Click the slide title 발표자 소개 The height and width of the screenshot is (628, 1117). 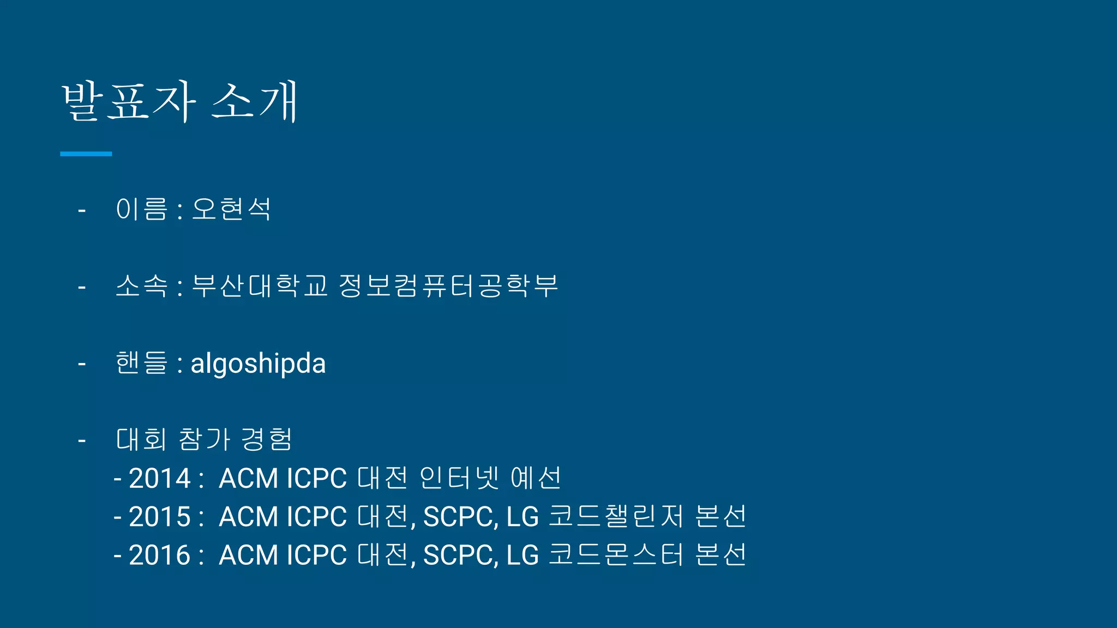(180, 101)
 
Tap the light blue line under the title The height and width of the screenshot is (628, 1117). (86, 154)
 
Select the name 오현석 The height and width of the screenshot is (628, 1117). (231, 209)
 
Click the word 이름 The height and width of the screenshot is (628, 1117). (141, 209)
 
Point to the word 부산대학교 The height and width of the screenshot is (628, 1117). (260, 286)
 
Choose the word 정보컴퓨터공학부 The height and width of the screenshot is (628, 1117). (448, 286)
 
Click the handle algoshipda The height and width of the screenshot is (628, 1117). (258, 363)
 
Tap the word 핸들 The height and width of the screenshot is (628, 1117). (141, 363)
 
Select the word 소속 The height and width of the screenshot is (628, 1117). (141, 286)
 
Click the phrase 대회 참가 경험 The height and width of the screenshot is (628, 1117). (204, 439)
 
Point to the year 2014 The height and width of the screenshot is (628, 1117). (159, 479)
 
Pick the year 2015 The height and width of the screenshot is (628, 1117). (159, 517)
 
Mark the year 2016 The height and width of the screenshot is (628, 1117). (159, 555)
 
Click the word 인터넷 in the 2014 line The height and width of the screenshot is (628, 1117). (459, 478)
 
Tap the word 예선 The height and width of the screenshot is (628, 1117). (536, 478)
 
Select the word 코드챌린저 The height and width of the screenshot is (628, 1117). (616, 516)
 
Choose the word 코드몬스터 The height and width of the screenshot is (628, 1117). (616, 555)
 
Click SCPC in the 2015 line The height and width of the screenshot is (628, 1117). (460, 517)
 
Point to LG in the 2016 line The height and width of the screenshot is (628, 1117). (523, 555)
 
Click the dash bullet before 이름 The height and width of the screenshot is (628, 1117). (82, 210)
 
